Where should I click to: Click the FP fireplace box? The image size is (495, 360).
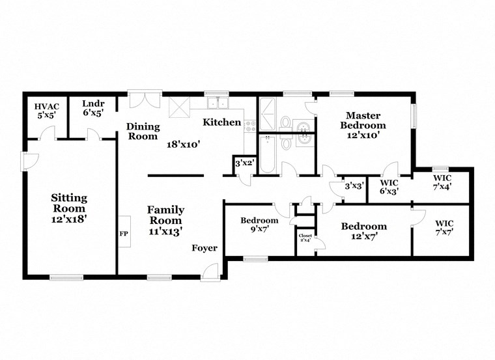124,232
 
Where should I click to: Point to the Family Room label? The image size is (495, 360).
165,219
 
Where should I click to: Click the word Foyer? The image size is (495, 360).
204,248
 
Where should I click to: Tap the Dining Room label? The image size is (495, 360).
143,132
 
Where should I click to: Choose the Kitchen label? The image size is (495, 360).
221,122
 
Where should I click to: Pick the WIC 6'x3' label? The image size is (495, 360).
389,187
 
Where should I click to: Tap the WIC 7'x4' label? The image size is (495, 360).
443,182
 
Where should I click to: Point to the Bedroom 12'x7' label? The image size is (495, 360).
363,230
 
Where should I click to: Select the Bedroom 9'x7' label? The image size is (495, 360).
259,225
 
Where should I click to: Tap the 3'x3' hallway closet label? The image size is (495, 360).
354,186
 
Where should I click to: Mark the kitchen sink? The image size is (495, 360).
218,103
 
